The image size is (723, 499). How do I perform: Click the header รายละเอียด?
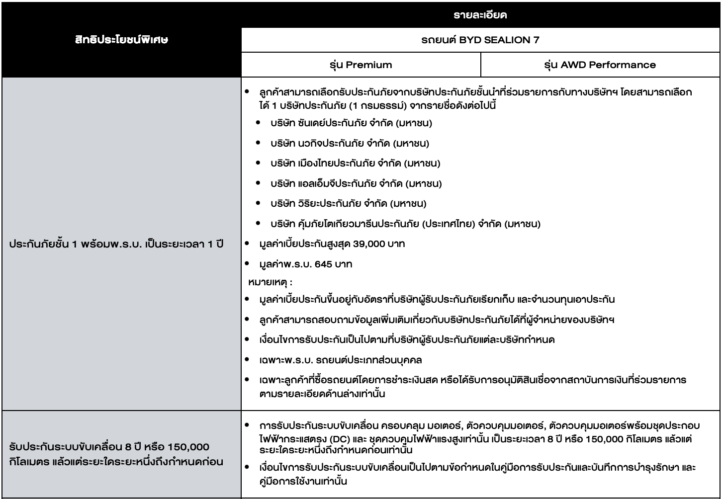click(x=481, y=16)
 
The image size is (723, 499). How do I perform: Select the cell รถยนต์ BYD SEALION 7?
click(x=481, y=40)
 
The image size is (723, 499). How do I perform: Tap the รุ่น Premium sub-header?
click(x=361, y=64)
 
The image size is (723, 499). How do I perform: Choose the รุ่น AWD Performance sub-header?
click(x=600, y=64)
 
